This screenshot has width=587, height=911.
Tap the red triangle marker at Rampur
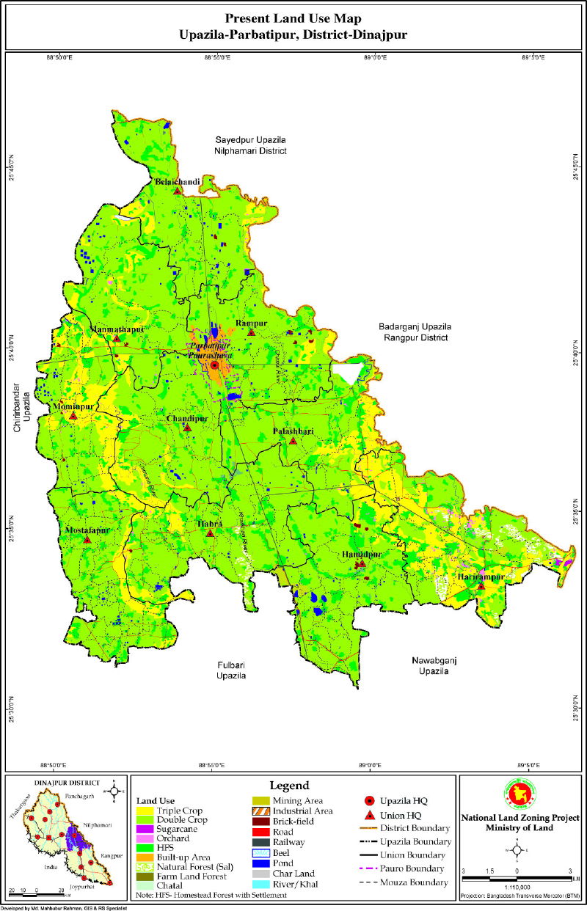[252, 332]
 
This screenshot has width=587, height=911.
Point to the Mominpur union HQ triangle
[73, 416]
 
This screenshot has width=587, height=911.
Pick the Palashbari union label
[293, 431]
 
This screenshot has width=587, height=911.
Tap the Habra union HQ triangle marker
[210, 533]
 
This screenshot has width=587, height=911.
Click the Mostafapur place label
[87, 530]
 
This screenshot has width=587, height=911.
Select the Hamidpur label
[362, 554]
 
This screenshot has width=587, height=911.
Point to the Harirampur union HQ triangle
[481, 586]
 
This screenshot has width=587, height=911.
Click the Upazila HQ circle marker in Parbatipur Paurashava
[214, 365]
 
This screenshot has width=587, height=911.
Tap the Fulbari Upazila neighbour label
[230, 670]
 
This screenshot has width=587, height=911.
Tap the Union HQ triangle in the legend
[371, 814]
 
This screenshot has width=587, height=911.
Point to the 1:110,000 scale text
[517, 887]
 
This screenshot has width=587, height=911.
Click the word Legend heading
[290, 786]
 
